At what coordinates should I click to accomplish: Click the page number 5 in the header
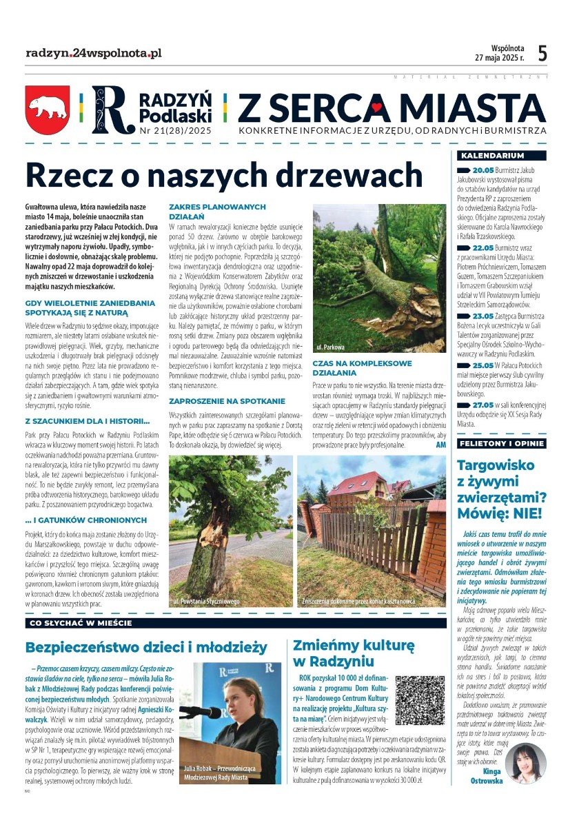click(x=542, y=53)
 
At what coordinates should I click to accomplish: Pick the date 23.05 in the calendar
click(x=484, y=316)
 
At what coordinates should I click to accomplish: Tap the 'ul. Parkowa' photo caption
click(x=330, y=347)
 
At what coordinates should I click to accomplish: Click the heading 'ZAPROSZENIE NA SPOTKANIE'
click(x=227, y=400)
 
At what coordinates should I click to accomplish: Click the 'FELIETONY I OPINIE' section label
click(x=501, y=443)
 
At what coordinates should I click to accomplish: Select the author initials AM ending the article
click(x=441, y=445)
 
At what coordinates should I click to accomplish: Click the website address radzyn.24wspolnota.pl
click(x=93, y=53)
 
